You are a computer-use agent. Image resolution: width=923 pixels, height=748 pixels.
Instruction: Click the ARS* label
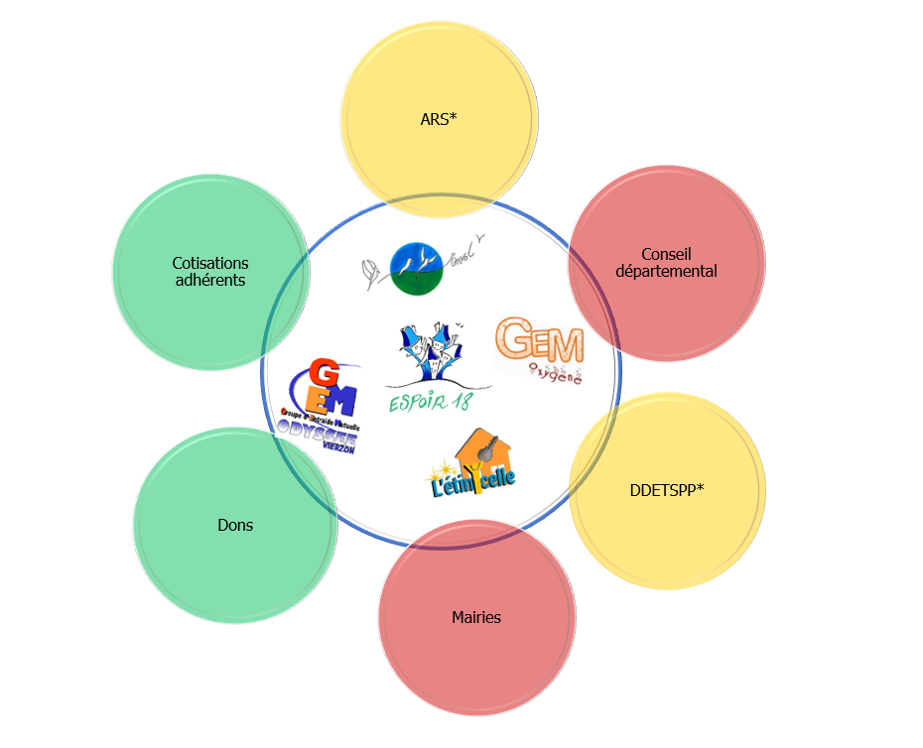point(438,119)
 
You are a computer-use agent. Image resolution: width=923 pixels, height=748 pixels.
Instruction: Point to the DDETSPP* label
point(667,490)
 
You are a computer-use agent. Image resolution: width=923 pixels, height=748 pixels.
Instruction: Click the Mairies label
point(476,617)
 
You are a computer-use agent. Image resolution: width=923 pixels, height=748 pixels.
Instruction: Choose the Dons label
point(235,525)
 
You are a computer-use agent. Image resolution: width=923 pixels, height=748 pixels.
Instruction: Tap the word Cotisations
point(210,263)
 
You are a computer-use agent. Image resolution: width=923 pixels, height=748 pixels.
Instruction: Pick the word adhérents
point(210,280)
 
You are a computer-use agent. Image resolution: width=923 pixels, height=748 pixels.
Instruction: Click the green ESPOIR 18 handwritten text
point(432,402)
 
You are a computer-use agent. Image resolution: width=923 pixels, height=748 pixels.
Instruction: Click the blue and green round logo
point(416,269)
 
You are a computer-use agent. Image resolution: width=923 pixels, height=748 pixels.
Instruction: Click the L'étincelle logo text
point(472,483)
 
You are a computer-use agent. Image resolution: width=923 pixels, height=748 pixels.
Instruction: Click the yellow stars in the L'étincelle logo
point(443,465)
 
